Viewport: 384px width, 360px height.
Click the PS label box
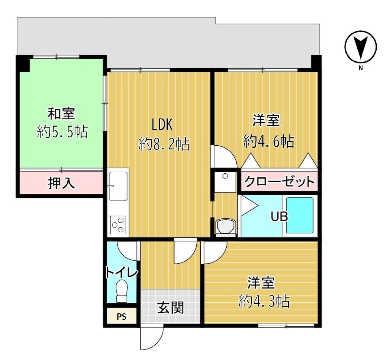122,316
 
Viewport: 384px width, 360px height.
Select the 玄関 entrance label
170,308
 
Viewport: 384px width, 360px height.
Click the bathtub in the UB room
300,216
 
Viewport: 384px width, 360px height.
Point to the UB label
279,216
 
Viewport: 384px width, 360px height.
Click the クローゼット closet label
279,181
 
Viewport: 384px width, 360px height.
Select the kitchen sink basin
118,186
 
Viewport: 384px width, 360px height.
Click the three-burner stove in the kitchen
118,224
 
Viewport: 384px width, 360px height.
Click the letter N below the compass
360,68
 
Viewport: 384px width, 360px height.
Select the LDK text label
162,124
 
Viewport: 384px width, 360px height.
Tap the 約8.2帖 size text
164,144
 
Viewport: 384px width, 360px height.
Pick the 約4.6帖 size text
269,141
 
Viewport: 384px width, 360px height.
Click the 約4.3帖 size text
264,301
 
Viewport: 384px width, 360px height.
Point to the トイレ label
122,272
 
